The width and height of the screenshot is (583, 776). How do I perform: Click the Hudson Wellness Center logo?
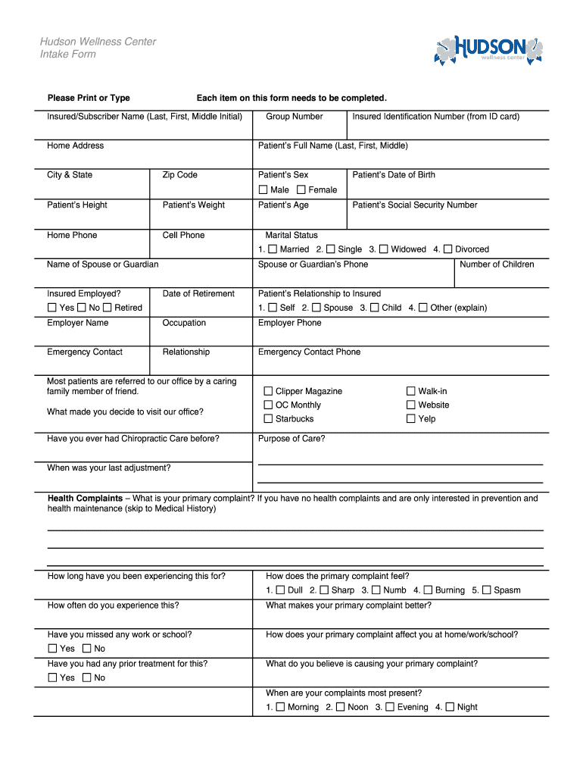point(489,50)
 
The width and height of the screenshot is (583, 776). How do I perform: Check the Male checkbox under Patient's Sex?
point(263,189)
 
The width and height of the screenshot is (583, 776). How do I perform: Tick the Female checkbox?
point(301,189)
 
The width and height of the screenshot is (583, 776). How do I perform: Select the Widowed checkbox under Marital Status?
point(384,249)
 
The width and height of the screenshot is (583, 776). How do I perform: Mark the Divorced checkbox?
point(447,249)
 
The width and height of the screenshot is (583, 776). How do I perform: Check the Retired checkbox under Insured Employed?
point(108,308)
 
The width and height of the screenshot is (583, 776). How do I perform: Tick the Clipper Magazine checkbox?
point(268,391)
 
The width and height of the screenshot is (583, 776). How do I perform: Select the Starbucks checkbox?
point(268,418)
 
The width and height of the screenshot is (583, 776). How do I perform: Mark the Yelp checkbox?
point(411,418)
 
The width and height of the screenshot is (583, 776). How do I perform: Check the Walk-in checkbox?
point(411,391)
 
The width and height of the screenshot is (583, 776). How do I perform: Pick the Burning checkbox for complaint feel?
point(428,590)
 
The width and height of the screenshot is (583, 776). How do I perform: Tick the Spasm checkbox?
point(487,590)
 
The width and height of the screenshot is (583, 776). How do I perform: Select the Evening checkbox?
point(390,707)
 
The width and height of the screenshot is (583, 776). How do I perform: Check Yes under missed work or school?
point(52,649)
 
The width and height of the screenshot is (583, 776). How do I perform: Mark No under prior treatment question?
point(87,677)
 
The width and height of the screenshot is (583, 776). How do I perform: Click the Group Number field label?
point(295,117)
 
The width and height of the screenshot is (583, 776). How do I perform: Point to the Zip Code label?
point(179,175)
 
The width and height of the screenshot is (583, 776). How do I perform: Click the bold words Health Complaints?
point(85,499)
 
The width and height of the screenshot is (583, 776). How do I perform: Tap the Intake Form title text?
point(68,55)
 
